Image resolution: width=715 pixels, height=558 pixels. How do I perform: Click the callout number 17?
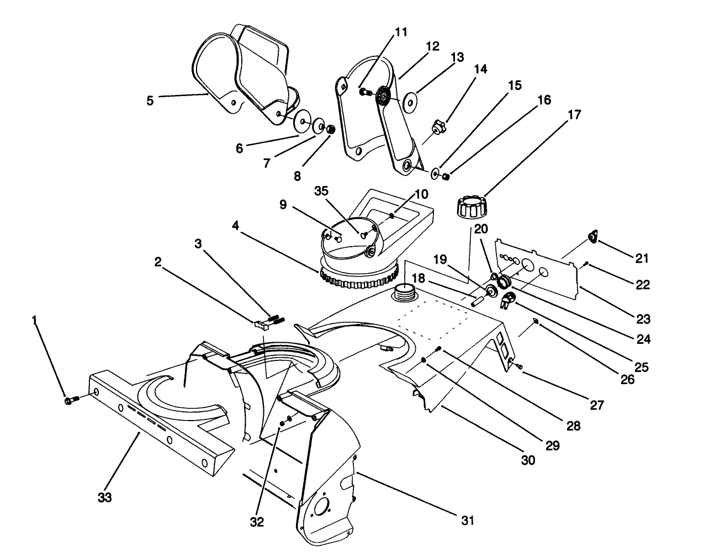pyautogui.click(x=574, y=115)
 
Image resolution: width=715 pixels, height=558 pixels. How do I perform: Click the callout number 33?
pyautogui.click(x=105, y=497)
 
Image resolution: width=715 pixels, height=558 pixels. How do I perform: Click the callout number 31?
pyautogui.click(x=467, y=519)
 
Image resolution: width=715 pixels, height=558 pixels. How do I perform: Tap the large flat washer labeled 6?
pyautogui.click(x=303, y=120)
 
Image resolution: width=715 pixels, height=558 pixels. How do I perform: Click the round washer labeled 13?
pyautogui.click(x=410, y=103)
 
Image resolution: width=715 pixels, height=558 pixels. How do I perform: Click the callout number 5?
pyautogui.click(x=150, y=100)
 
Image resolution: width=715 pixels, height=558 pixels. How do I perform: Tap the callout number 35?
pyautogui.click(x=321, y=190)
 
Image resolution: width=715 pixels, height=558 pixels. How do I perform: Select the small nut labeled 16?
pyautogui.click(x=446, y=176)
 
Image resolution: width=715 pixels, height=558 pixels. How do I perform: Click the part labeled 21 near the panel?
pyautogui.click(x=592, y=237)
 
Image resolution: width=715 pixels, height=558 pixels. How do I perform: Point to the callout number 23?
pyautogui.click(x=643, y=318)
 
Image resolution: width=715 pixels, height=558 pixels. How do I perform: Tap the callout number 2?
pyautogui.click(x=158, y=263)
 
